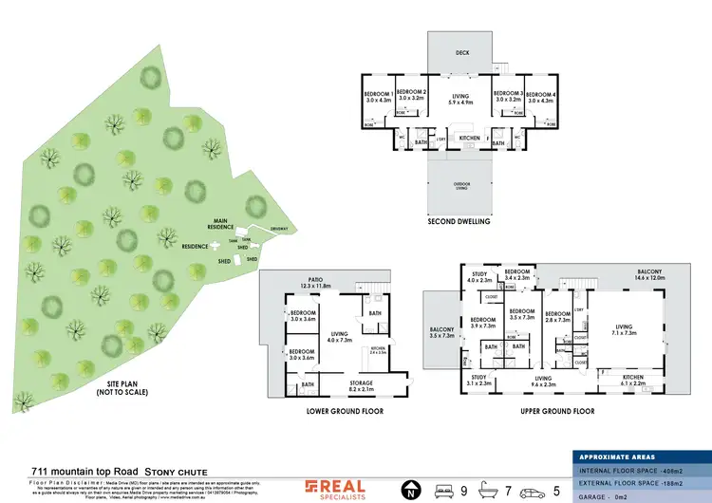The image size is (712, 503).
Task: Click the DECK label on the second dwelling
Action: (x=462, y=53)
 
